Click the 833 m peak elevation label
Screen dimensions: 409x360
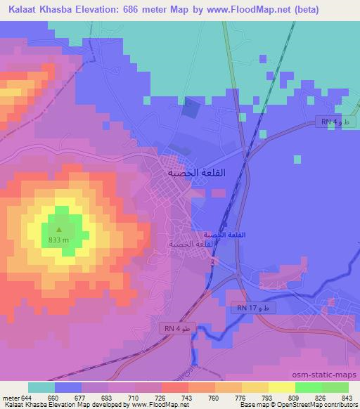tap(59, 239)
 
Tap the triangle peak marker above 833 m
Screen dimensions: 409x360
tap(59, 229)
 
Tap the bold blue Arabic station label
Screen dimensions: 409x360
tap(224, 233)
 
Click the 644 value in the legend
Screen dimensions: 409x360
tap(27, 397)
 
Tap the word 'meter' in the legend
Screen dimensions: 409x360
tap(9, 397)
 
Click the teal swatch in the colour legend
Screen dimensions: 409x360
tap(41, 387)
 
